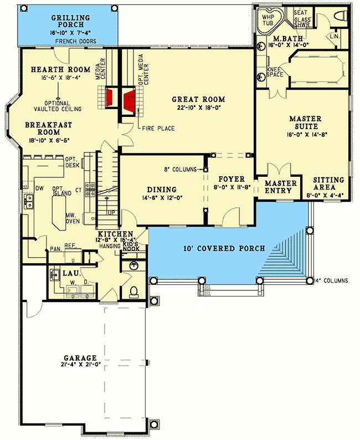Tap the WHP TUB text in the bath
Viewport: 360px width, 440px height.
pyautogui.click(x=269, y=20)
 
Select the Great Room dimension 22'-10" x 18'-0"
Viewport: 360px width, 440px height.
pyautogui.click(x=202, y=108)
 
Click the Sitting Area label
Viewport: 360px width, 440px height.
pyautogui.click(x=328, y=184)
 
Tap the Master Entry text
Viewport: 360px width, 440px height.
pyautogui.click(x=281, y=187)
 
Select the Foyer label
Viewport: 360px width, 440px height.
pyautogui.click(x=228, y=179)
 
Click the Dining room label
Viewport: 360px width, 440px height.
pyautogui.click(x=162, y=189)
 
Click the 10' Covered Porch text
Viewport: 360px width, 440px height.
pyautogui.click(x=218, y=248)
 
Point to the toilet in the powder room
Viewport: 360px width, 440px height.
pyautogui.click(x=133, y=291)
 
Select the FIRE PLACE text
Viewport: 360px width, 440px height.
pyautogui.click(x=158, y=129)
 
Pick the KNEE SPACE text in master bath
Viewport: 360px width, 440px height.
pyautogui.click(x=275, y=71)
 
